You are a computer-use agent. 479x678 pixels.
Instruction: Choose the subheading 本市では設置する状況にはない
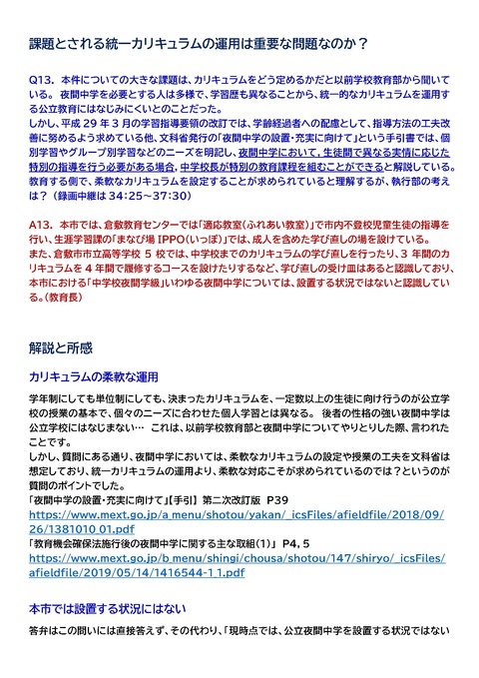[111, 607]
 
